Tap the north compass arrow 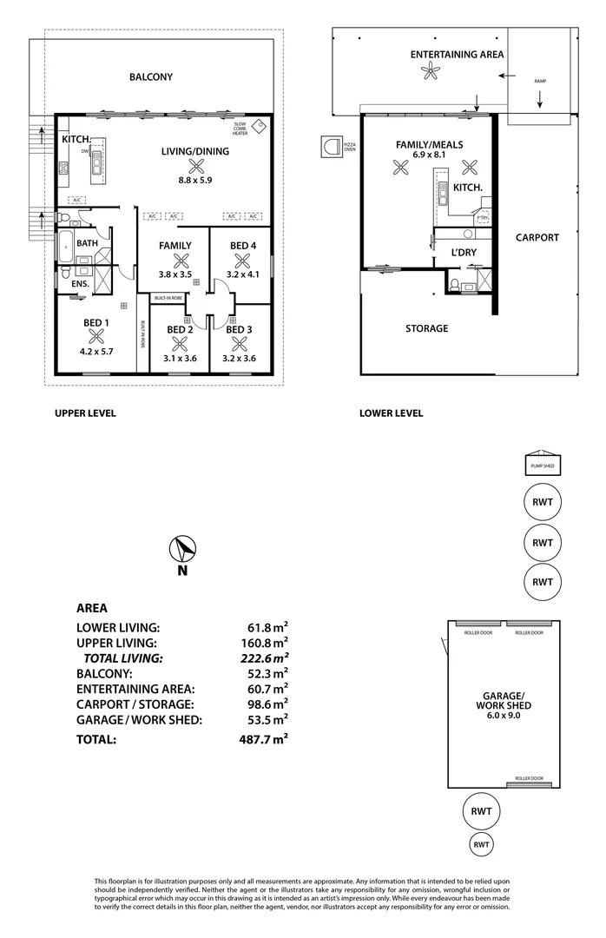[x=182, y=550]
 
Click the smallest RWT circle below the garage [x=483, y=843]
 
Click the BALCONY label [x=151, y=77]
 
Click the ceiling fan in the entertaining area [x=430, y=73]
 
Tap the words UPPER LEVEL [x=85, y=413]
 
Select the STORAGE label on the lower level [x=427, y=328]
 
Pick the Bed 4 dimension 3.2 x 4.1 [x=241, y=274]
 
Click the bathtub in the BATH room [x=67, y=246]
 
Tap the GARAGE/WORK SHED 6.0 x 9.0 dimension [x=504, y=717]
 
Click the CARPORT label [x=537, y=237]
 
